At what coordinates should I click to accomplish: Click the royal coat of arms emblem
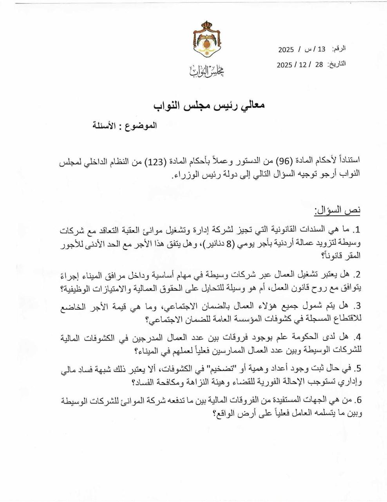tap(207, 41)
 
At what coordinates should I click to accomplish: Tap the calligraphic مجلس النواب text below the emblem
tap(207, 71)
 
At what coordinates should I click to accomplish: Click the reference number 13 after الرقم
tap(322, 49)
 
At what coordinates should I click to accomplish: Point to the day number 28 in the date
tap(319, 65)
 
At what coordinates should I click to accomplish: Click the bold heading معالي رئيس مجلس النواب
tap(209, 105)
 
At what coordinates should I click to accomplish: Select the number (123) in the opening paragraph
tap(154, 161)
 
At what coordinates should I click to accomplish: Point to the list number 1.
tap(356, 229)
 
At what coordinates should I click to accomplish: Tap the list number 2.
tap(356, 275)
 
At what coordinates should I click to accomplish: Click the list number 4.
tap(356, 337)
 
